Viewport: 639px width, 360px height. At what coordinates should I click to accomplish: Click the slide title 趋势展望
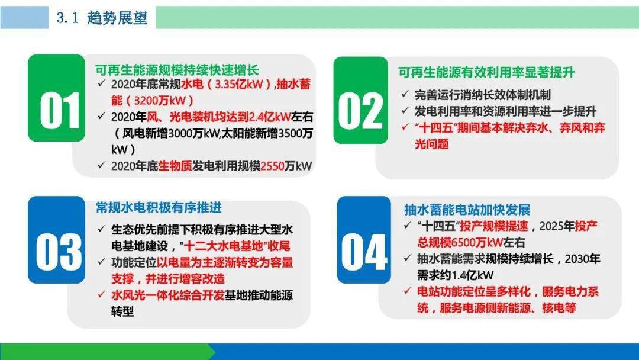[117, 18]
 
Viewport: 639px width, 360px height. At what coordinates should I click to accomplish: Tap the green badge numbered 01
[56, 98]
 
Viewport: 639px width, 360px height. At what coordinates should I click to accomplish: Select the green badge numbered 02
[361, 100]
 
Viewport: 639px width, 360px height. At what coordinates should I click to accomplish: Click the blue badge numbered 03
[56, 240]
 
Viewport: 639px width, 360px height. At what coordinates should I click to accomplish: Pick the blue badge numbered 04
[364, 240]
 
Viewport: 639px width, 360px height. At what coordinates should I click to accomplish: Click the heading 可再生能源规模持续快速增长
[177, 70]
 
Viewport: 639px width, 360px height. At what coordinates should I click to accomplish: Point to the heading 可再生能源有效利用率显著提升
[486, 72]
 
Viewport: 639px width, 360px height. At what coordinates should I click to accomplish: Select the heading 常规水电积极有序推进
[159, 207]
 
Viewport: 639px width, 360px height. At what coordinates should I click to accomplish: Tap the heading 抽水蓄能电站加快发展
[467, 210]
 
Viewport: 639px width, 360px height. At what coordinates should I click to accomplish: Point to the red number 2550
[272, 166]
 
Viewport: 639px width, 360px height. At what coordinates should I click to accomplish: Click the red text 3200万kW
[160, 101]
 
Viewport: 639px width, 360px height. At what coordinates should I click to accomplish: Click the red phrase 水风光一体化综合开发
[167, 295]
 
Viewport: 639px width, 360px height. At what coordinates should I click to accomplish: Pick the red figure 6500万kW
[476, 243]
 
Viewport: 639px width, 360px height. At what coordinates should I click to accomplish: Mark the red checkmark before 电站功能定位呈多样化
[407, 291]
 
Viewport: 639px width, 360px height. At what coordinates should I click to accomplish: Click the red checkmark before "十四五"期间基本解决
[405, 127]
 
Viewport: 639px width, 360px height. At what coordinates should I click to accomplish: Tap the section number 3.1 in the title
[67, 18]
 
